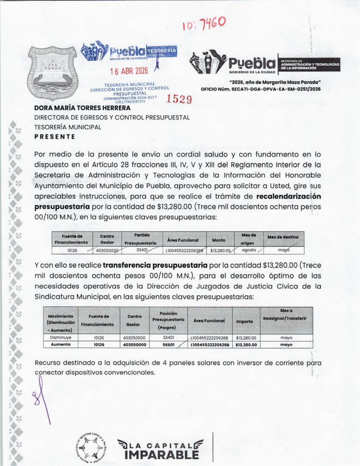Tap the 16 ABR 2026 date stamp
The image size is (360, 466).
pyautogui.click(x=129, y=71)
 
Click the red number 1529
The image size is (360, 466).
pyautogui.click(x=179, y=99)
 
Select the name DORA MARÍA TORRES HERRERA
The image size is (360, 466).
pyautogui.click(x=82, y=108)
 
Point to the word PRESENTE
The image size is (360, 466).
pyautogui.click(x=55, y=137)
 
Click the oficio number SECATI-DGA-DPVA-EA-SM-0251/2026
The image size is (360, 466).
pyautogui.click(x=261, y=89)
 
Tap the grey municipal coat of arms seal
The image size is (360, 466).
pyautogui.click(x=52, y=73)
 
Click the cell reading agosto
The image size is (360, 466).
pyautogui.click(x=249, y=250)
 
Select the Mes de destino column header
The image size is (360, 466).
pyautogui.click(x=283, y=237)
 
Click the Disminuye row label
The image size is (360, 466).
pyautogui.click(x=61, y=338)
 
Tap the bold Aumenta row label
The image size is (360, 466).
pyautogui.click(x=61, y=345)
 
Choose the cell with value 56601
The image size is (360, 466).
pyautogui.click(x=169, y=345)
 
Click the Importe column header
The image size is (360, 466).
pyautogui.click(x=245, y=321)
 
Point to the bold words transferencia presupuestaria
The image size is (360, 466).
pyautogui.click(x=155, y=265)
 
